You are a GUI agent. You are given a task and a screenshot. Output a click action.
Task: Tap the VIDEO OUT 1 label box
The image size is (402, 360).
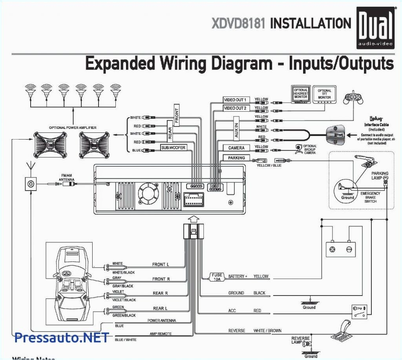[x=235, y=100]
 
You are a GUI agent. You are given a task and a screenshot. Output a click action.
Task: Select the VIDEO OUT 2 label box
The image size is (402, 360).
[x=235, y=108]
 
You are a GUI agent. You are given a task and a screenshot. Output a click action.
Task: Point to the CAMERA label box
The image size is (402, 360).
[x=236, y=148]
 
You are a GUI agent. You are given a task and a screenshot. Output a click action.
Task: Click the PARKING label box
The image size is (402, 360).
[x=236, y=158]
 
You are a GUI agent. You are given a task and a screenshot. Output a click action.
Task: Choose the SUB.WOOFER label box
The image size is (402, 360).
[x=173, y=148]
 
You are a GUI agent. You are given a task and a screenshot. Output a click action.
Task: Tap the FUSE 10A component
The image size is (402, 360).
[x=217, y=277]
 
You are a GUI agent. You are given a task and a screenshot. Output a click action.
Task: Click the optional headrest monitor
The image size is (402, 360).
[x=301, y=96]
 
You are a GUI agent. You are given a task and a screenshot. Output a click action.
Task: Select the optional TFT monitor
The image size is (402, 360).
[x=324, y=96]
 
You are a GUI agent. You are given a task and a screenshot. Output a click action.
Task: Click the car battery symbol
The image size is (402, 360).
[x=340, y=249]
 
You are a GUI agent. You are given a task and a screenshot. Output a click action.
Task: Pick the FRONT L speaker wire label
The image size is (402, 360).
[x=161, y=264]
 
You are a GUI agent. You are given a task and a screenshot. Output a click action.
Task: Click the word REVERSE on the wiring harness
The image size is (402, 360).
[x=236, y=331]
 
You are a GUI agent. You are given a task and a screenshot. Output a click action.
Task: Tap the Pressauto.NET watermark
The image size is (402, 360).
[x=61, y=337]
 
